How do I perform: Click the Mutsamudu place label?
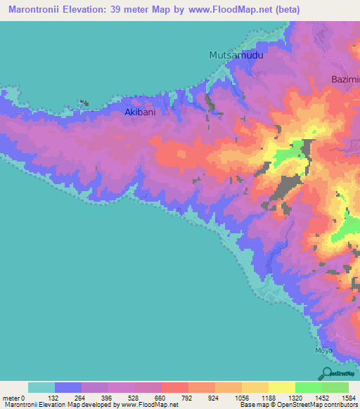240,55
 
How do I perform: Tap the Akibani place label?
139,112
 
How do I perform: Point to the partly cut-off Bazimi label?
345,79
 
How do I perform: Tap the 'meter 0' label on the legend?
17,398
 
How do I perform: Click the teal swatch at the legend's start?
41,387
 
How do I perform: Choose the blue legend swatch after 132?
68,387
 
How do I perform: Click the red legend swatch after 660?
175,387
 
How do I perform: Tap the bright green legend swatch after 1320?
308,387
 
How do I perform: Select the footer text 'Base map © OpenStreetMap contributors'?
297,405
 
